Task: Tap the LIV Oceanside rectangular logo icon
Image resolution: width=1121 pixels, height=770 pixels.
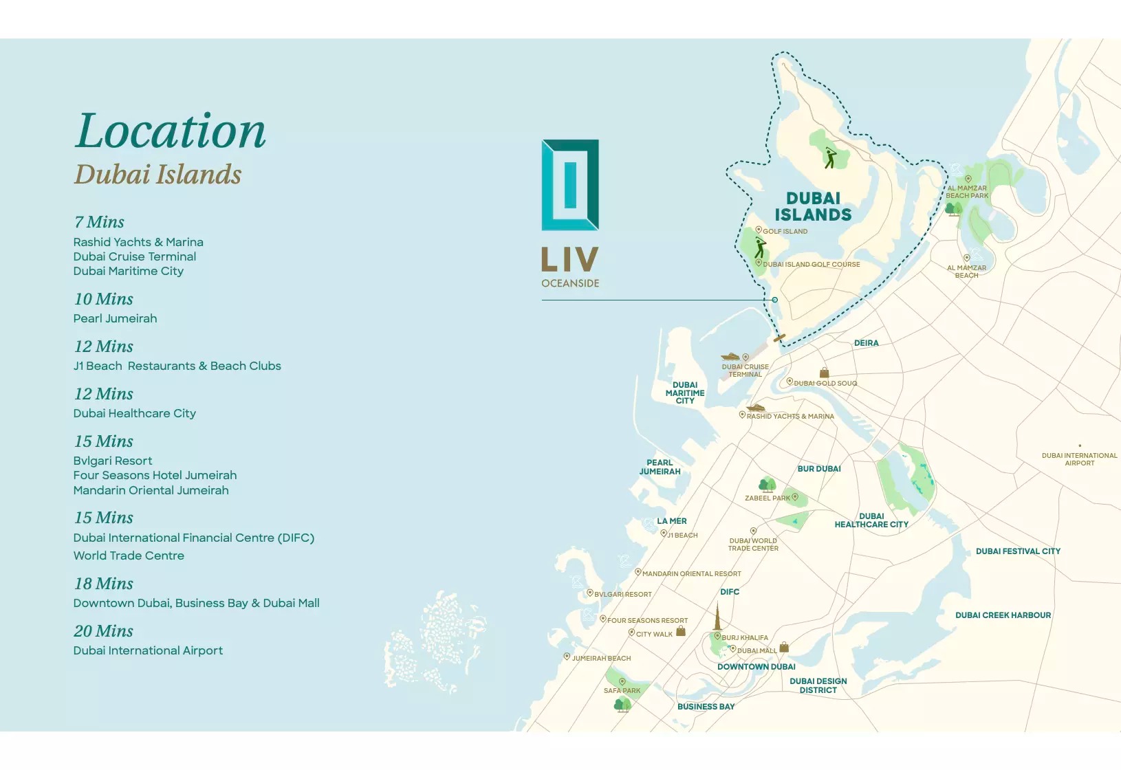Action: [570, 185]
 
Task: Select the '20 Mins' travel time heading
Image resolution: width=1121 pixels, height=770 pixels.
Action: [104, 631]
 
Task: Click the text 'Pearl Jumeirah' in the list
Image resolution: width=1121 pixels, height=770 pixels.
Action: [116, 318]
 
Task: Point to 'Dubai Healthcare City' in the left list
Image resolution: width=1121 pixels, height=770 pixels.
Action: [135, 413]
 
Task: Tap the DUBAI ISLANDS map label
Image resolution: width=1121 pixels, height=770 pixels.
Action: [813, 207]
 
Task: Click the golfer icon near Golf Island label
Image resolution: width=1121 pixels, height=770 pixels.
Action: [760, 247]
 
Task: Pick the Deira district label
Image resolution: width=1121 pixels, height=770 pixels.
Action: [866, 343]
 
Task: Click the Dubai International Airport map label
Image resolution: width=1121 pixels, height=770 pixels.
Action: [1079, 459]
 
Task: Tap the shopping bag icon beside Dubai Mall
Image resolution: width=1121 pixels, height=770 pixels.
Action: [784, 648]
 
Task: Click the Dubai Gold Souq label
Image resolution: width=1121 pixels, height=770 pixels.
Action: [825, 384]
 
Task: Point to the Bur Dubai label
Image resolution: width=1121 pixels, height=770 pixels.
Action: [819, 469]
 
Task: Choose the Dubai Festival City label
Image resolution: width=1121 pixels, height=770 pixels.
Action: [1018, 551]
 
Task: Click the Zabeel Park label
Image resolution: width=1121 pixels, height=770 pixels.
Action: [768, 498]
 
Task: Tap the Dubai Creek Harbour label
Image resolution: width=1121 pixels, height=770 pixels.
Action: [1003, 615]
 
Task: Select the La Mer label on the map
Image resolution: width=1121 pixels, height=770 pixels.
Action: [671, 521]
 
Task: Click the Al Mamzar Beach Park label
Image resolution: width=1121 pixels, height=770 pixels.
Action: [967, 192]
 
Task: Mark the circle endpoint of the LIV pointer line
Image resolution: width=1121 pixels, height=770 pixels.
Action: [774, 300]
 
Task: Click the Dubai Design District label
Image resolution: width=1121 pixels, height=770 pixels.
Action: [818, 685]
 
